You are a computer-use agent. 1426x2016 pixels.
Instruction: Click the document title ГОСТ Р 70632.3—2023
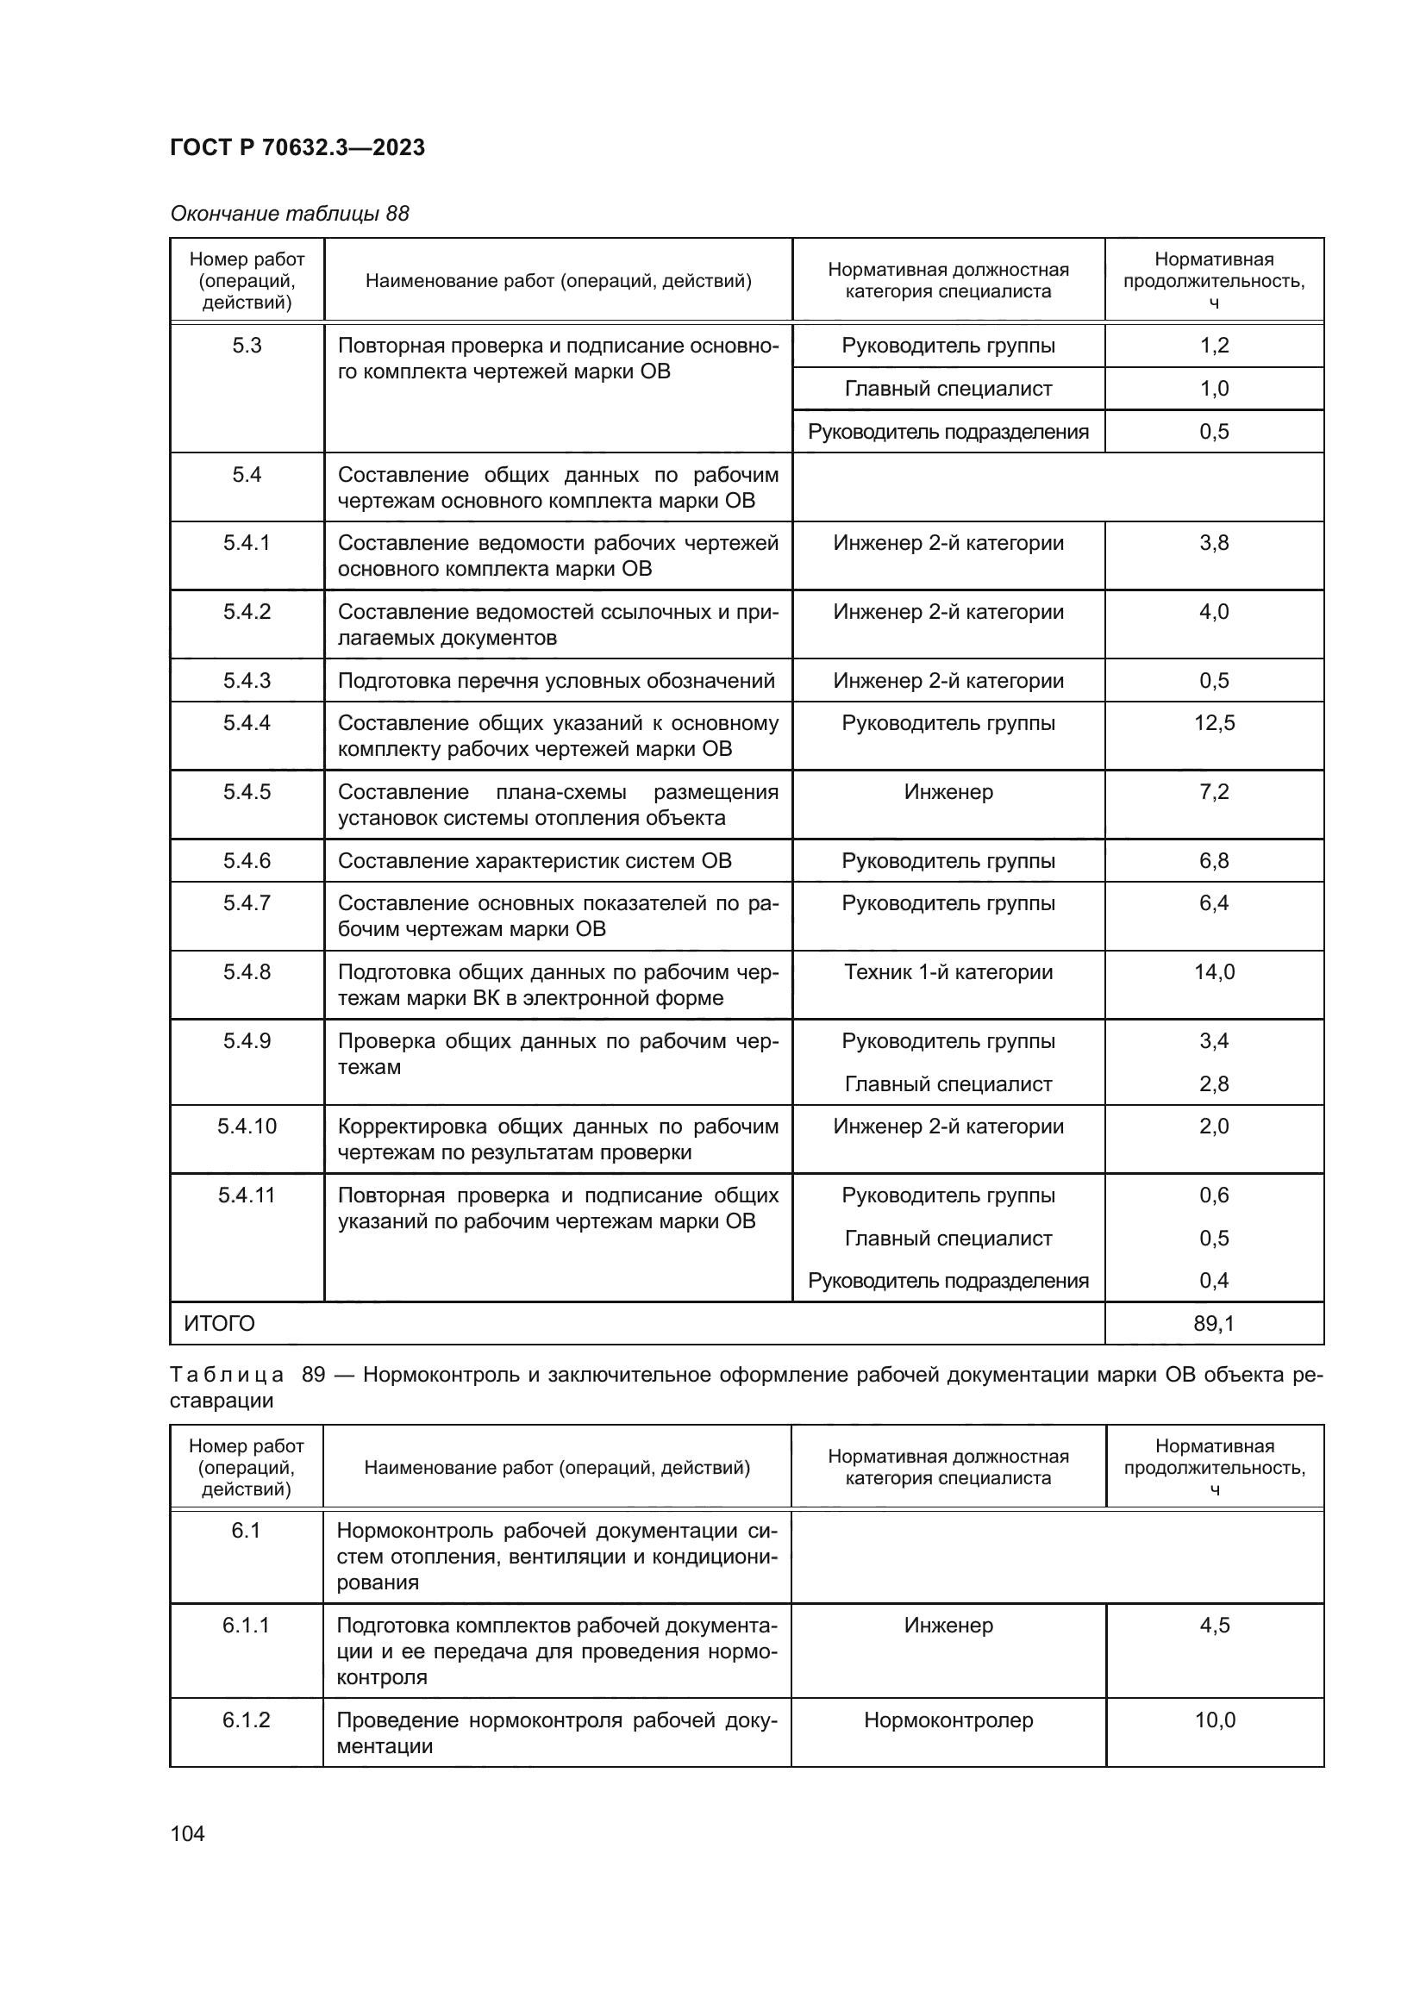click(x=297, y=147)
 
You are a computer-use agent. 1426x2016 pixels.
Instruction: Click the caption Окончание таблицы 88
click(x=290, y=214)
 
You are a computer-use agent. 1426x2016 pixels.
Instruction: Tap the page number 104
click(x=187, y=1833)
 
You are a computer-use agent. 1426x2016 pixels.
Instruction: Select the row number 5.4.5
click(x=247, y=792)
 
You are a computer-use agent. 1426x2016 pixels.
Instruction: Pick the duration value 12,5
click(x=1214, y=723)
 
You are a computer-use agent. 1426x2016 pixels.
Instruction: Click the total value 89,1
click(x=1214, y=1323)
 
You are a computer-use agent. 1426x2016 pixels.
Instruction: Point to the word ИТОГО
click(x=220, y=1323)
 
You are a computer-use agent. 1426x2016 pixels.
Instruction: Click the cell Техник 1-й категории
click(x=948, y=972)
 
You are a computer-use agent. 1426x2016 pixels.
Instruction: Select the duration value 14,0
click(x=1214, y=972)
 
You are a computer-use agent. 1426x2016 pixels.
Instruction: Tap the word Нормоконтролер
click(x=948, y=1720)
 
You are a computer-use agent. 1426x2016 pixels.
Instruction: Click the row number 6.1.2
click(x=246, y=1720)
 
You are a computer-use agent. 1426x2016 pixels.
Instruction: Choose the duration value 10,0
click(x=1215, y=1720)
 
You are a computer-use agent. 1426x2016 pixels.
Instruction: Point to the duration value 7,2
click(x=1214, y=792)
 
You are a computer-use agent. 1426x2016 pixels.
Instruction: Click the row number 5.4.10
click(x=247, y=1127)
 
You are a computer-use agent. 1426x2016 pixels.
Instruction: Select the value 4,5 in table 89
click(x=1215, y=1626)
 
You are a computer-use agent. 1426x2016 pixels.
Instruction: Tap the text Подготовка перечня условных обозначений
click(x=556, y=682)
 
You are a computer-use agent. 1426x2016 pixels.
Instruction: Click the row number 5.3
click(x=247, y=346)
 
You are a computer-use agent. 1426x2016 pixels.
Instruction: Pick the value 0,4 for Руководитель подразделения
click(x=1214, y=1280)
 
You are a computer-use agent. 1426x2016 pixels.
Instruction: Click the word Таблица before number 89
click(x=227, y=1375)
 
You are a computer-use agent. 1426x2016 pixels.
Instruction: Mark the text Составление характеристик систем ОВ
click(x=534, y=861)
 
